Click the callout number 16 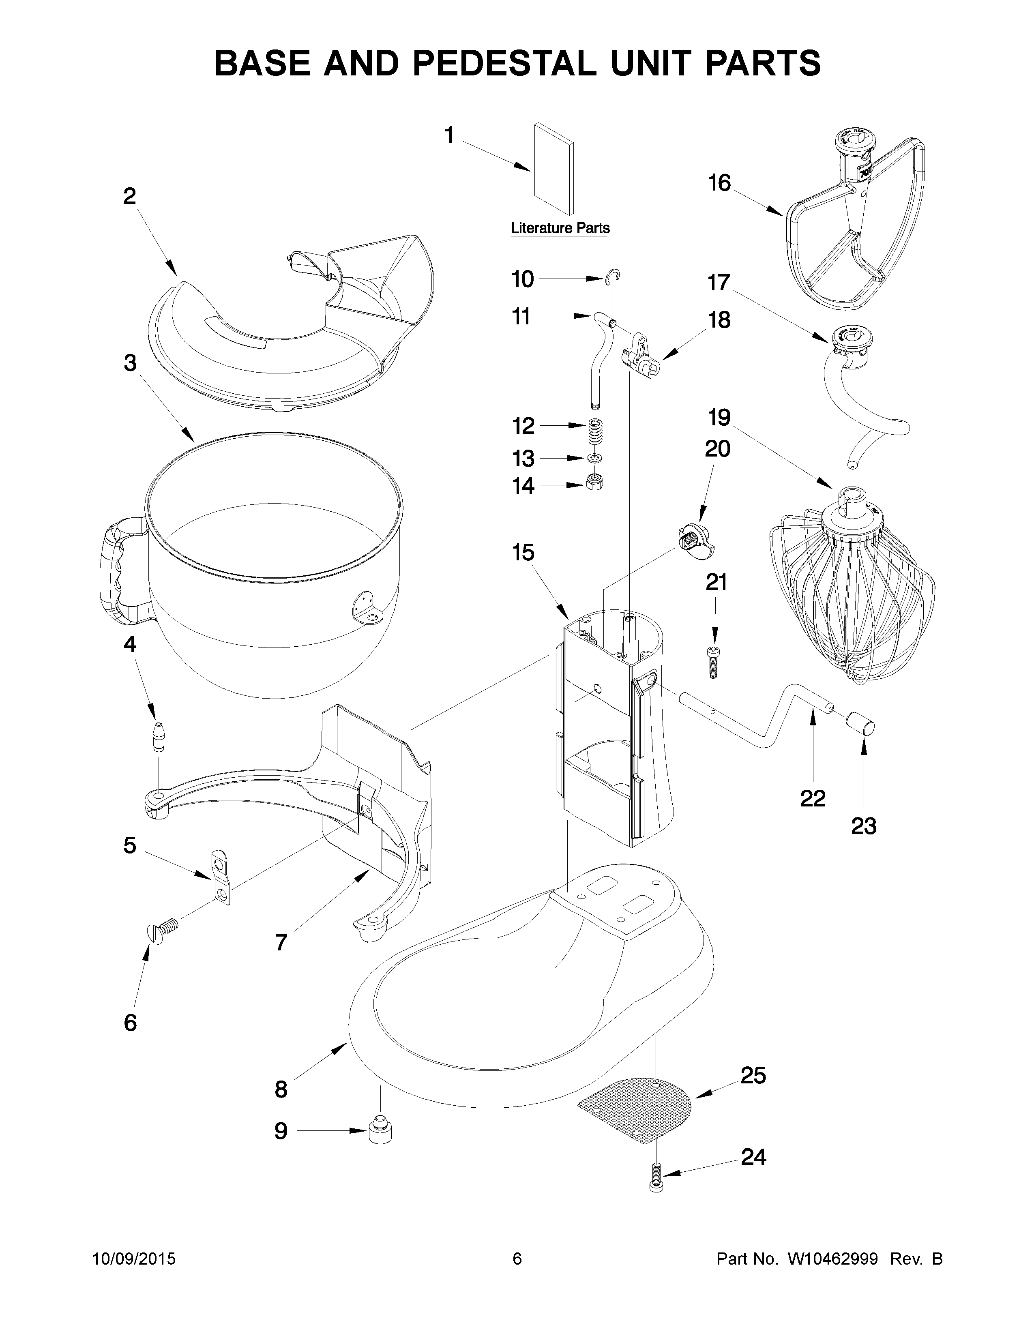(719, 182)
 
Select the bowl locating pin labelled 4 (159, 735)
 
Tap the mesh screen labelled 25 (637, 1106)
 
